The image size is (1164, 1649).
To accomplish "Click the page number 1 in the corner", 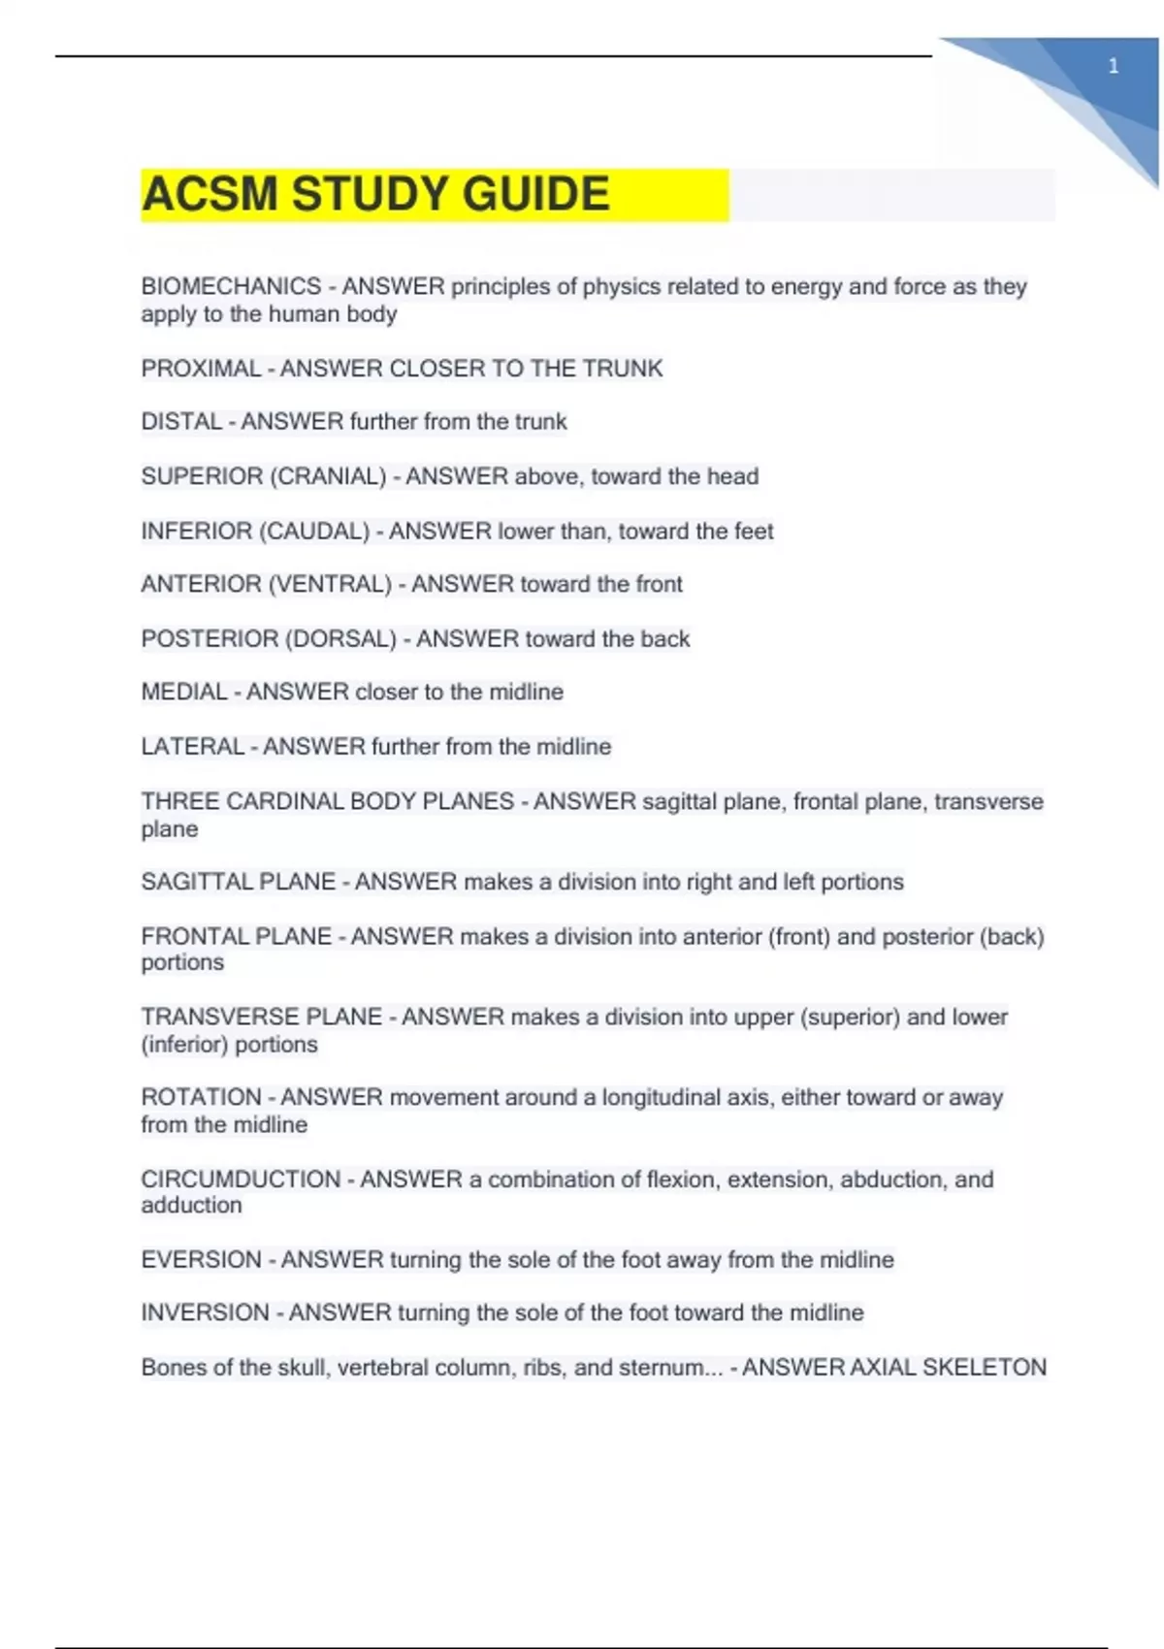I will tap(1114, 66).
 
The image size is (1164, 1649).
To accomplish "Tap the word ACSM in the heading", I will tap(210, 194).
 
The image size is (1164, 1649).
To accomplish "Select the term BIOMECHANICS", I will tap(231, 286).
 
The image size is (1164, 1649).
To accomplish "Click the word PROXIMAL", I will tap(201, 369).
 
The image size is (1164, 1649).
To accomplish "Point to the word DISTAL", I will tap(181, 422).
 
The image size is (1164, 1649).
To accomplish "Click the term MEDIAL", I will tap(184, 692).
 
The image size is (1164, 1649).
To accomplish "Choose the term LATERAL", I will tap(192, 747).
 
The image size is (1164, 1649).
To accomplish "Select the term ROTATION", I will tap(201, 1097).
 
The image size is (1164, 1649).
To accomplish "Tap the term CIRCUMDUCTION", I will tap(241, 1180).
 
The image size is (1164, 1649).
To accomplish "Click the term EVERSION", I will tap(201, 1260).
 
